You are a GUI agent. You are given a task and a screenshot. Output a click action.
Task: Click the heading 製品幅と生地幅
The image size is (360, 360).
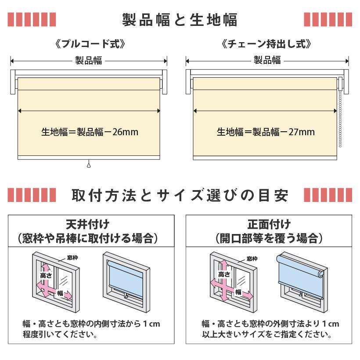[x=180, y=20]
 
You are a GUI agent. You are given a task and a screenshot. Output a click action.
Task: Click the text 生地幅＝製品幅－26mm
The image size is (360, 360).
[x=90, y=132]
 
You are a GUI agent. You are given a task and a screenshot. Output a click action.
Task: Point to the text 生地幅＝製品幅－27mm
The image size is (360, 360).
[x=266, y=132]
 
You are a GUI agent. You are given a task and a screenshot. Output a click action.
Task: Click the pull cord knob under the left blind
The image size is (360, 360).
[x=89, y=166]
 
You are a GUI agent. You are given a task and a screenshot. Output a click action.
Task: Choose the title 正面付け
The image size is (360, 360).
[x=269, y=225]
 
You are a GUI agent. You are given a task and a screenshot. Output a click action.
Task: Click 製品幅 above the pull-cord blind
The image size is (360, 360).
[x=89, y=61]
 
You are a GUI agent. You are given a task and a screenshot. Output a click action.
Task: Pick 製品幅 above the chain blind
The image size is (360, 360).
[x=267, y=61]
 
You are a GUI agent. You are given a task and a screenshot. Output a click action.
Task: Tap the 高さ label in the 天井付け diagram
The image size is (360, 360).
[x=46, y=275]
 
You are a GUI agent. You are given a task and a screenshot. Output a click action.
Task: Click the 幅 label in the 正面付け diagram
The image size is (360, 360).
[x=238, y=292]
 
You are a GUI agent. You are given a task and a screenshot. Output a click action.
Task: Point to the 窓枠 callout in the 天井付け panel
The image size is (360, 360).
[x=72, y=258]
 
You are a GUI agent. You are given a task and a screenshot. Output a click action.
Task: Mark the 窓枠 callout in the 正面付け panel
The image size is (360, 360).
[x=252, y=259]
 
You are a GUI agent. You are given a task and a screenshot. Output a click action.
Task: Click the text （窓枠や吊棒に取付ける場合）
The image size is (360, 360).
[x=88, y=239]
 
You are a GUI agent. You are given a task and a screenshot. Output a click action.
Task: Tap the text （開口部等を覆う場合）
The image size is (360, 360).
[x=269, y=239]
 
